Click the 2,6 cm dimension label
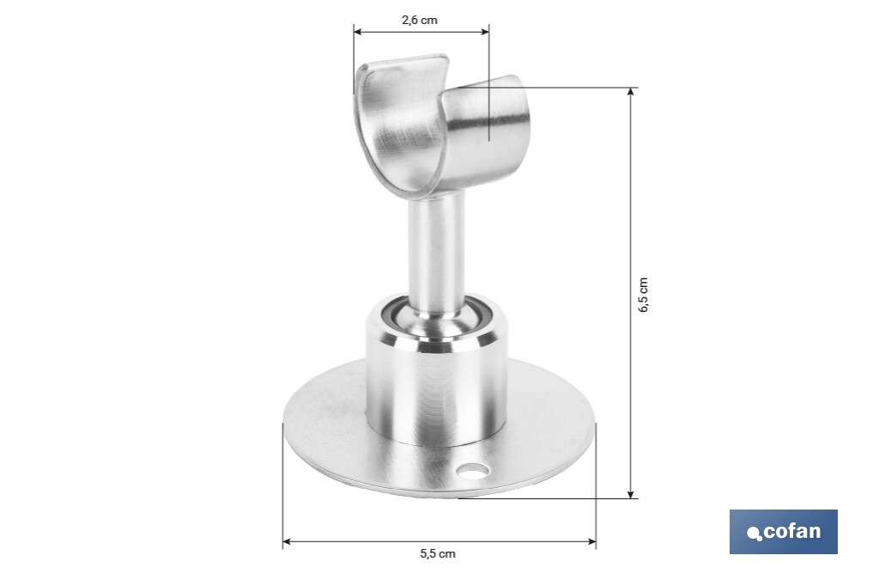420,20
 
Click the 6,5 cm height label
644,295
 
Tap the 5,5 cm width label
438,554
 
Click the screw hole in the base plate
471,470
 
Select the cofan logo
783,532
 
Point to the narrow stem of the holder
436,249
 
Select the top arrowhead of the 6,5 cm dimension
632,92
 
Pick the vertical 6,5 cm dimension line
632,215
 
